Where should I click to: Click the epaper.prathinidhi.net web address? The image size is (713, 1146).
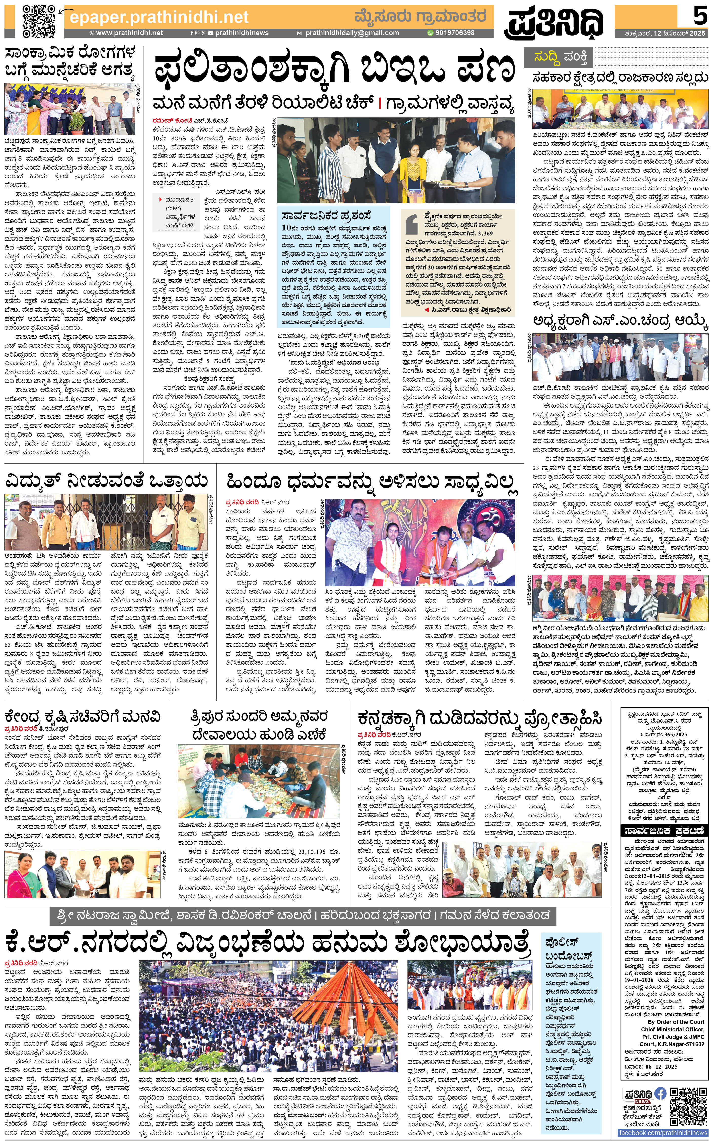[159, 17]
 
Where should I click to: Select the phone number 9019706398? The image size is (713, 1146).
[454, 33]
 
